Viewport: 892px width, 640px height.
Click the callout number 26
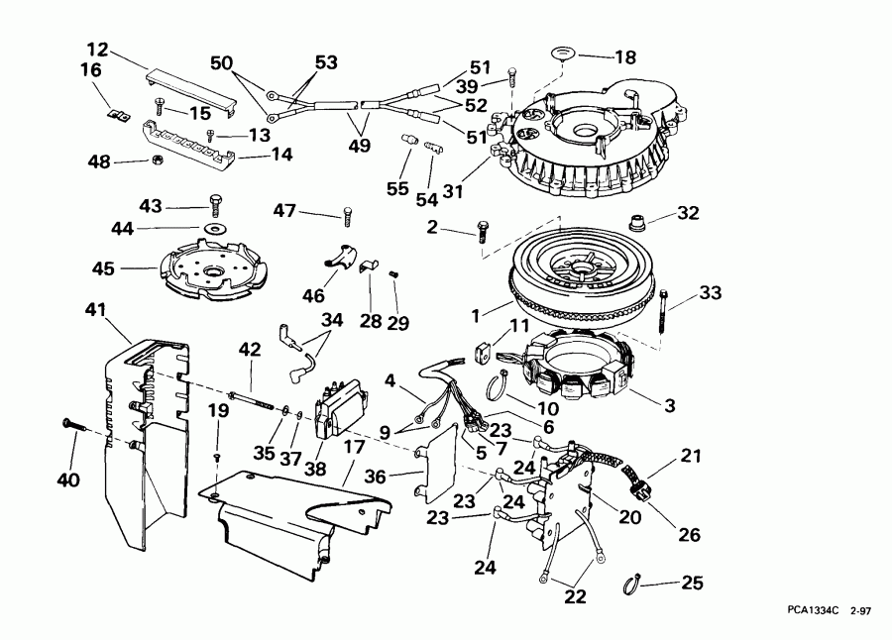tap(690, 534)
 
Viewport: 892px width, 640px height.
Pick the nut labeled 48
tap(157, 161)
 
